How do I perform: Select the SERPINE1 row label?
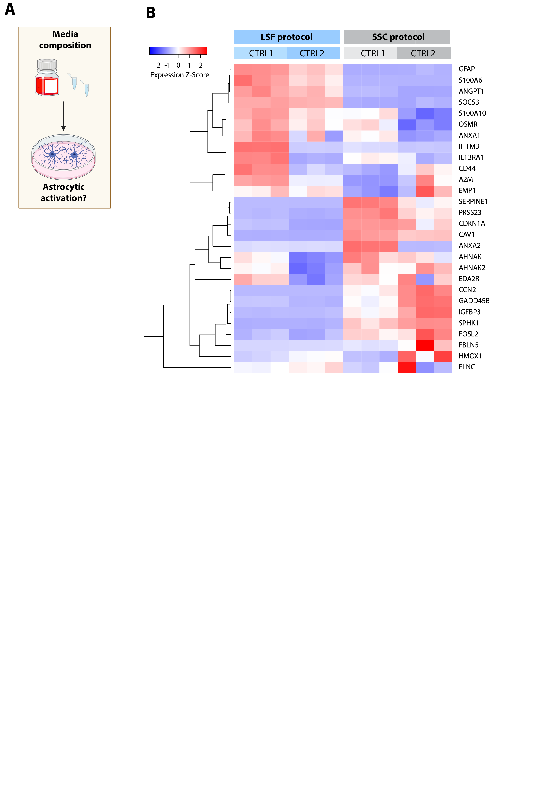point(473,201)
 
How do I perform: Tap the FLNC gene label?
point(467,367)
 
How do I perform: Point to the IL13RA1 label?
point(471,157)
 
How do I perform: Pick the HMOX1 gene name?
point(470,356)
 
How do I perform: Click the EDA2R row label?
point(469,279)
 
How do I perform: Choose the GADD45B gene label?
point(474,301)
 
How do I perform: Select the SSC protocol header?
point(398,37)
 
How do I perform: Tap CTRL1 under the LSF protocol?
point(261,53)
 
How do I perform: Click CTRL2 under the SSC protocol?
point(423,53)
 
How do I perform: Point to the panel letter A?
point(10,9)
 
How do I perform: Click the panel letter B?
point(151,13)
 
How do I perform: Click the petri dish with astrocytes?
point(64,157)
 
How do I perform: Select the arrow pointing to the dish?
point(64,116)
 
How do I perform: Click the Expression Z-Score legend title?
point(179,75)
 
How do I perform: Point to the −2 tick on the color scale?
point(156,65)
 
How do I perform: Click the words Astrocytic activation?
point(64,192)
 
